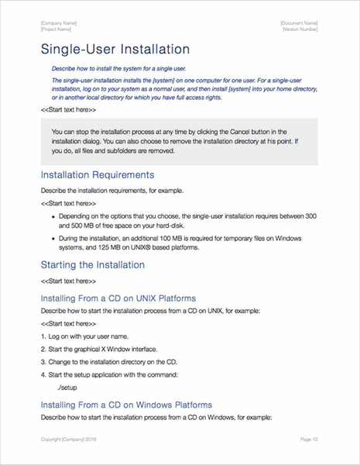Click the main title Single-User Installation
115,50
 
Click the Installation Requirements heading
101,175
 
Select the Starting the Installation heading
92,264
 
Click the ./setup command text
68,385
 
